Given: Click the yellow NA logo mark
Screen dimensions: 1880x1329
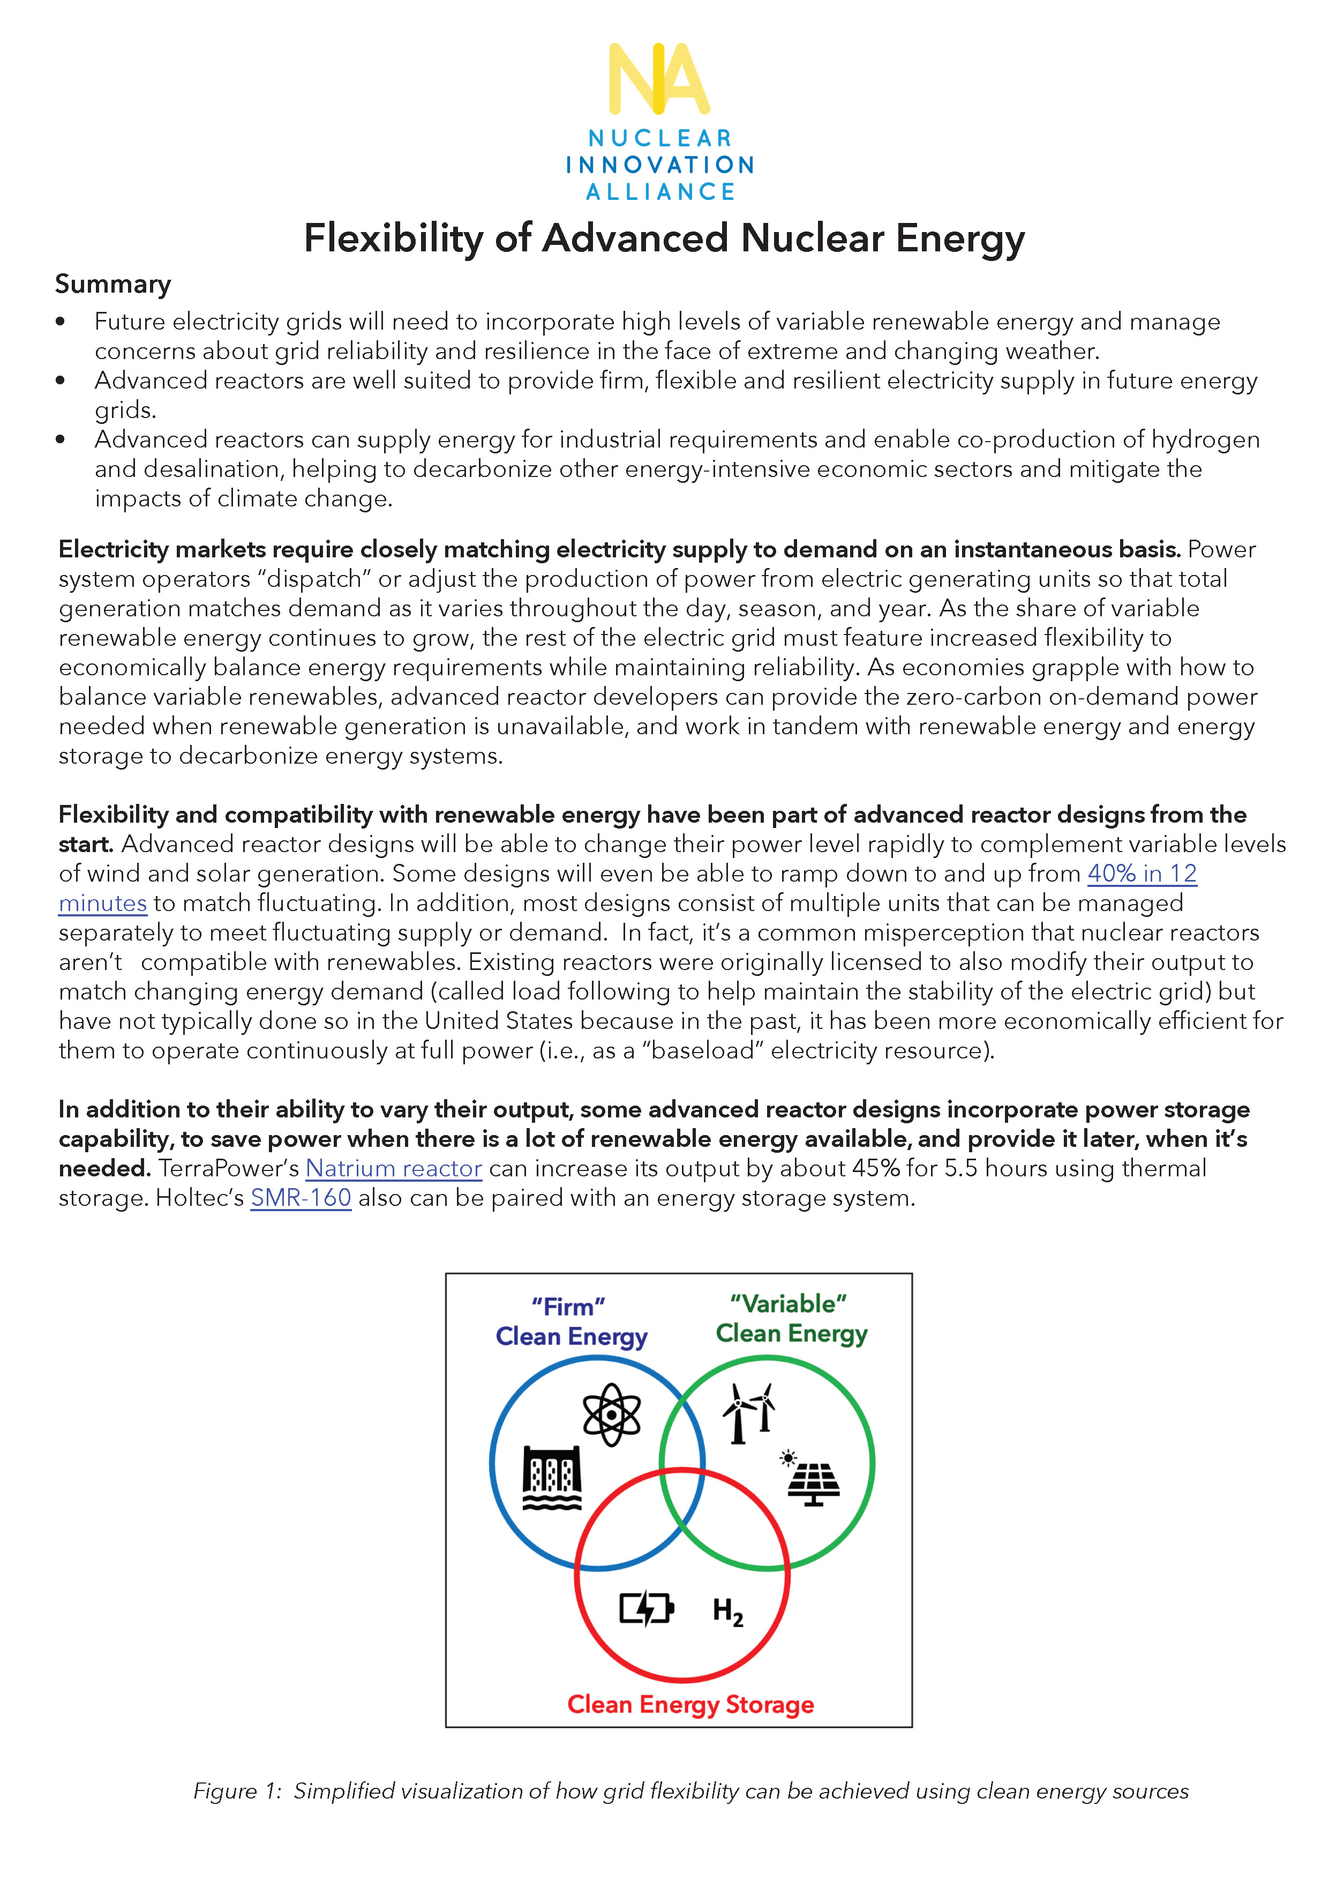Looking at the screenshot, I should pos(659,79).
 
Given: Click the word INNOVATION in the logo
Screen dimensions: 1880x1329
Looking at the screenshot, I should pos(659,165).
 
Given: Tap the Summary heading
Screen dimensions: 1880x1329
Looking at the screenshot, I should pos(113,284).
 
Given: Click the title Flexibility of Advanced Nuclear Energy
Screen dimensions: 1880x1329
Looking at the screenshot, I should pos(664,238).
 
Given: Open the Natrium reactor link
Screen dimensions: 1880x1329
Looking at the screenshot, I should pos(394,1168).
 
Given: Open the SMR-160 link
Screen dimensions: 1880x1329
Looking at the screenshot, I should pos(301,1198).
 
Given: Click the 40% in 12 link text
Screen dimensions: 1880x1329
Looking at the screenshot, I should pos(1142,874).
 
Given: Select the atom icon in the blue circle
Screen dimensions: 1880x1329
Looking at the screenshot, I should pos(611,1414).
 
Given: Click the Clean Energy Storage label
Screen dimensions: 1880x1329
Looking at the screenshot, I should pos(690,1704).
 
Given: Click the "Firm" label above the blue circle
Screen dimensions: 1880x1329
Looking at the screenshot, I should pos(568,1307).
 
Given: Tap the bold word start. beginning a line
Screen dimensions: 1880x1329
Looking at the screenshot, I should pos(85,844).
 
